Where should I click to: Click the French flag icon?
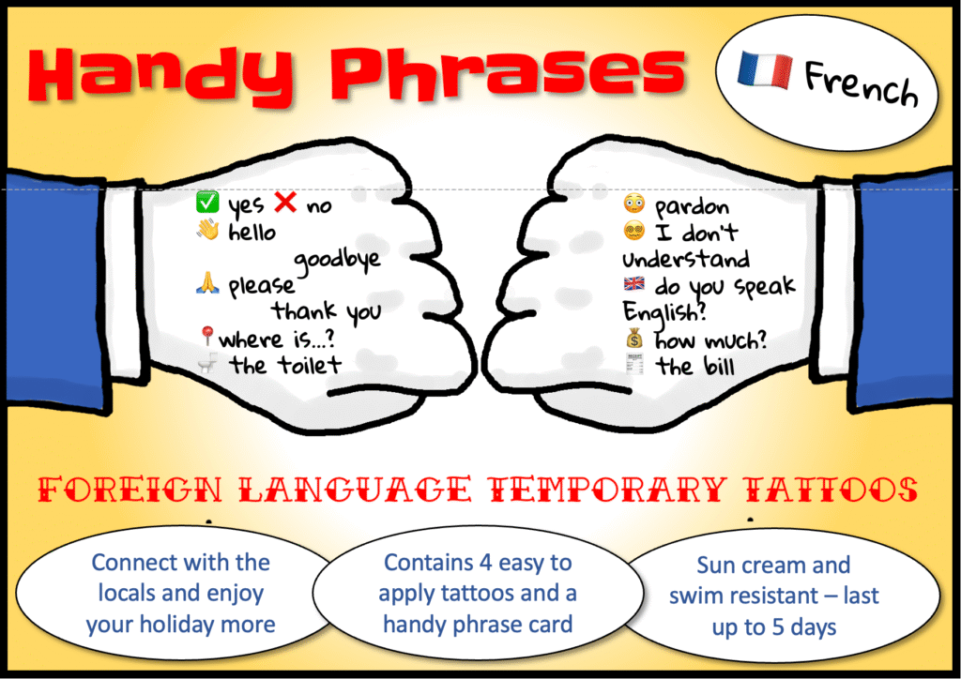click(765, 69)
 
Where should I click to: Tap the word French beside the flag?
click(862, 84)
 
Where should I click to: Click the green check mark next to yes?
click(207, 202)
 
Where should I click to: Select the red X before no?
click(285, 202)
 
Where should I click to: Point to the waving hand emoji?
click(207, 230)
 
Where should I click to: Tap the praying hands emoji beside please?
click(207, 282)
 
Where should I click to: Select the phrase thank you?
click(327, 312)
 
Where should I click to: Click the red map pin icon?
click(206, 336)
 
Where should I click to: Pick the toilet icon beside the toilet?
click(207, 363)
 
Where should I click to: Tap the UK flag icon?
click(633, 284)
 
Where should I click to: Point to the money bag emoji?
click(634, 338)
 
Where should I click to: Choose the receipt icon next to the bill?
click(634, 364)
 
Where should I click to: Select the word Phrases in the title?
click(508, 72)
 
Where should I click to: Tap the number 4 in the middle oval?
click(486, 562)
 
